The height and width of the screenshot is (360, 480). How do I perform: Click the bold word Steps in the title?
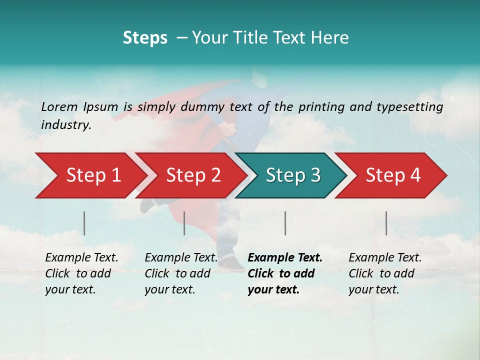tap(145, 38)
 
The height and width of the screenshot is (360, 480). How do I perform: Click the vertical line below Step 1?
tap(84, 223)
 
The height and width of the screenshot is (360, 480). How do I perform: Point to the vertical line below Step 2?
tap(184, 223)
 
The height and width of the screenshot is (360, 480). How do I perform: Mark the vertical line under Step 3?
tap(285, 223)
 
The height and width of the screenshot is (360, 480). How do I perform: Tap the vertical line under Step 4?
tap(386, 223)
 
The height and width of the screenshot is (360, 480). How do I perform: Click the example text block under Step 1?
tap(81, 273)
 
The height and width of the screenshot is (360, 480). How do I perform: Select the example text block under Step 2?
tap(181, 273)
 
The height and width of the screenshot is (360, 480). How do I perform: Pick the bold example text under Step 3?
tap(285, 273)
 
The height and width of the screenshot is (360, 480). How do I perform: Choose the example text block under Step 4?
tap(385, 273)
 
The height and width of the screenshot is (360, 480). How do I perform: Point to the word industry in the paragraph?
tap(66, 125)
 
